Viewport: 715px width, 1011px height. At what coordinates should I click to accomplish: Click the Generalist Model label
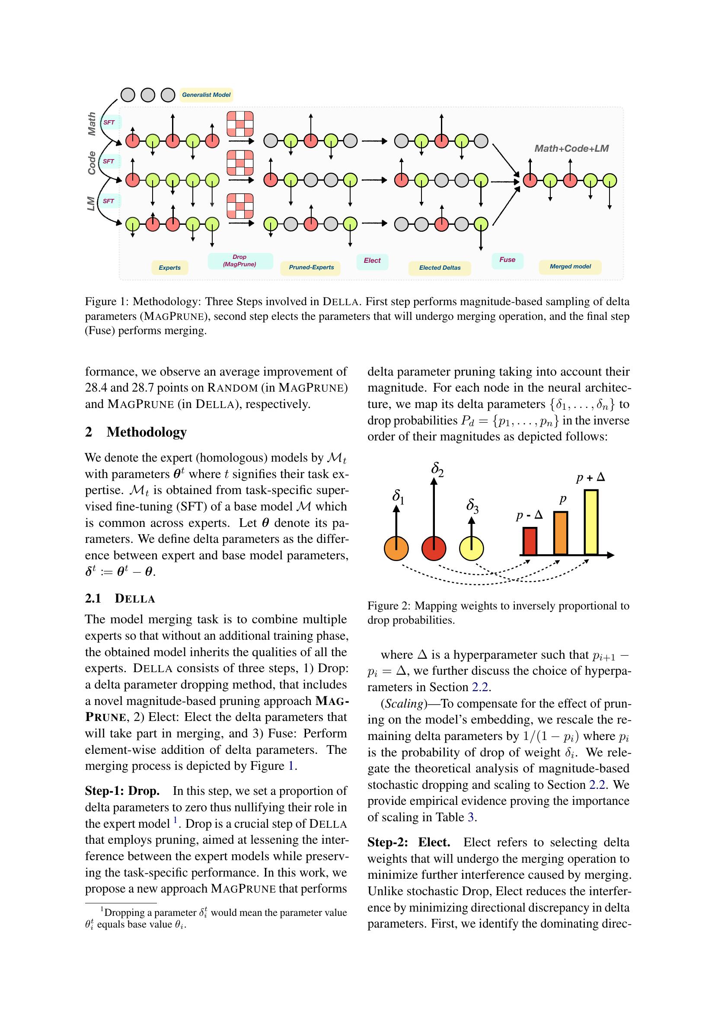click(x=206, y=95)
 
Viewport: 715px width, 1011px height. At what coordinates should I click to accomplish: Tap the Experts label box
click(x=169, y=267)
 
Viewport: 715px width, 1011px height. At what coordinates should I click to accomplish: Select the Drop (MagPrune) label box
click(x=240, y=261)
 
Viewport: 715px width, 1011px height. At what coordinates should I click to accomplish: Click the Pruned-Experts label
click(x=311, y=267)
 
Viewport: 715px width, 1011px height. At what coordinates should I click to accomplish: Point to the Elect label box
click(x=372, y=261)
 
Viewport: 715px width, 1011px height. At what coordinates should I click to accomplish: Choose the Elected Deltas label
click(x=439, y=268)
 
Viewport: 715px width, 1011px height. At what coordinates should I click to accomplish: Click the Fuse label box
click(x=507, y=260)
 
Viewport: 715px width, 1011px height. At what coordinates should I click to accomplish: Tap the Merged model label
click(x=570, y=266)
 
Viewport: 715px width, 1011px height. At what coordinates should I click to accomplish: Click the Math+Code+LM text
click(x=571, y=149)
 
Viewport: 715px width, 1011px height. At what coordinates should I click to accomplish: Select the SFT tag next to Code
click(x=109, y=162)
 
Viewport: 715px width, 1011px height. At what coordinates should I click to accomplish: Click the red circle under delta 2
click(x=434, y=549)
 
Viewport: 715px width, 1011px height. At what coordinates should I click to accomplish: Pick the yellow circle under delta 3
click(x=472, y=549)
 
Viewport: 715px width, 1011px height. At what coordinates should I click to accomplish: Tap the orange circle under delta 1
click(x=396, y=549)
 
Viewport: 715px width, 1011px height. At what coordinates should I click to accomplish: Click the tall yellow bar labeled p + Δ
click(x=591, y=522)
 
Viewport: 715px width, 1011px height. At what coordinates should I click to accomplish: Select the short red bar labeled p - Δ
click(x=530, y=541)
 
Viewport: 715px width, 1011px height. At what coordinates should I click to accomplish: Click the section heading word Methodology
click(x=147, y=432)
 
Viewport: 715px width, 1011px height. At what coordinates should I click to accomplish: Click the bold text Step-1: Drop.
click(x=122, y=791)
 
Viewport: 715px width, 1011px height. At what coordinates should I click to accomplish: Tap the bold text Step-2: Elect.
click(x=409, y=842)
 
